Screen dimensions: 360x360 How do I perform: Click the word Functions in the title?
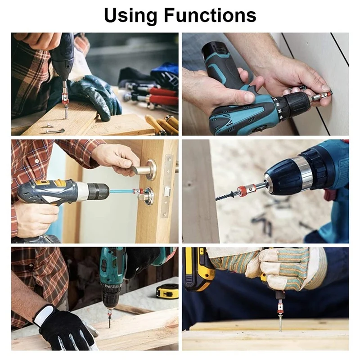pos(210,15)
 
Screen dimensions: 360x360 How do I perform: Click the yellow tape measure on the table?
pos(167,291)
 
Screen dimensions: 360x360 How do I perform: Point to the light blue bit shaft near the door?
pos(121,191)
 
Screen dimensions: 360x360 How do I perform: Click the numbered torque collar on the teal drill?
pos(278,108)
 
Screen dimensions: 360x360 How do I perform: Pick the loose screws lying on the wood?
pos(54,129)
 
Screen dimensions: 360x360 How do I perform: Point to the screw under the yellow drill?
pos(280,321)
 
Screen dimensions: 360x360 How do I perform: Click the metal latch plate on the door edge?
pos(167,186)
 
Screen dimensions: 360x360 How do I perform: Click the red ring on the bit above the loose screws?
pos(65,95)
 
